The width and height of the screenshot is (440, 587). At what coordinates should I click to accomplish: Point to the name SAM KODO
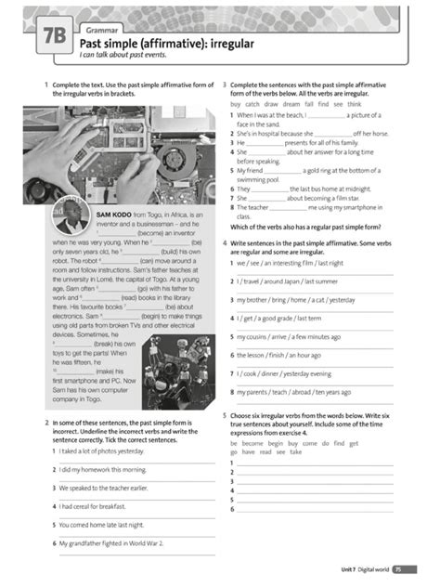(116, 214)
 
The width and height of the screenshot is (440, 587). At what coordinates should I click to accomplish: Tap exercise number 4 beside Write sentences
(225, 242)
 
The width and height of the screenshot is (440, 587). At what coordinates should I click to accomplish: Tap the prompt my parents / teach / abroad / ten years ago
(293, 392)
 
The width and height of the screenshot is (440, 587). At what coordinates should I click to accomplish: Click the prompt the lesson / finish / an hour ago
(278, 355)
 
